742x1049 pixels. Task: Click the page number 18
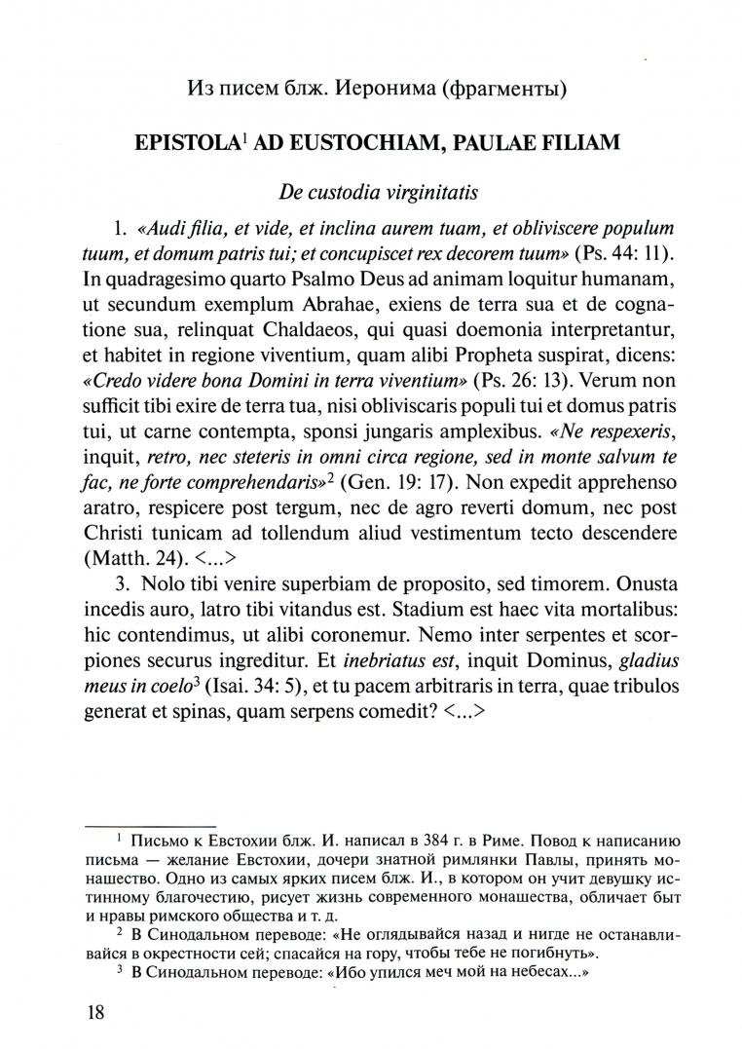tap(94, 1011)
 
